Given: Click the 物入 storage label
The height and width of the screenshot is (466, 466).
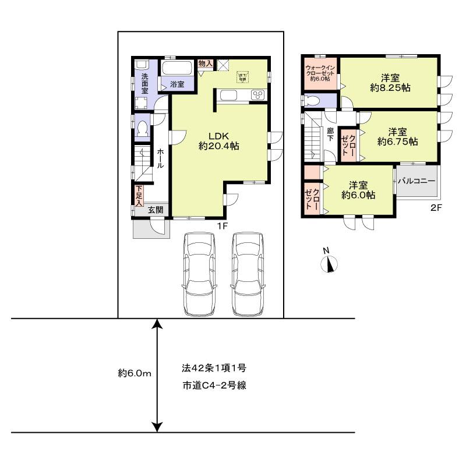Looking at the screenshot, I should click(205, 63).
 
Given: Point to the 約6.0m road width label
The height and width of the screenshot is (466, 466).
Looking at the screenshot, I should click(134, 373).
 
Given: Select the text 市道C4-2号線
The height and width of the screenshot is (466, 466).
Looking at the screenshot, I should click(213, 386).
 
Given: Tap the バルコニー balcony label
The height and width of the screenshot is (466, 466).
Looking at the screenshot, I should click(416, 181).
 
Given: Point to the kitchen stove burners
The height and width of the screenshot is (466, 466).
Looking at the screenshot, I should click(257, 96).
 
